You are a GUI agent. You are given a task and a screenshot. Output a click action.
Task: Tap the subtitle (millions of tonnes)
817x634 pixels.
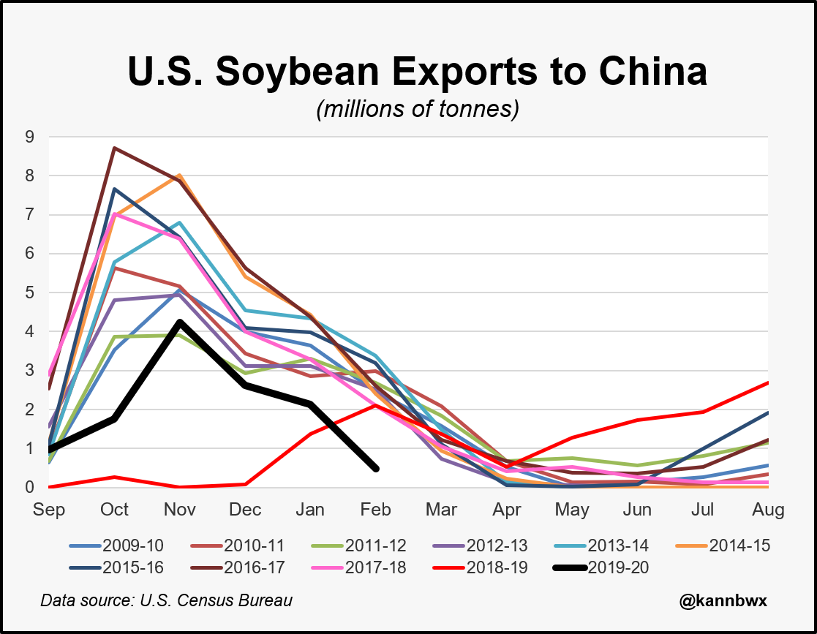[x=417, y=110]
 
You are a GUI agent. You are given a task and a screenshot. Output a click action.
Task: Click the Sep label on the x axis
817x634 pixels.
[x=49, y=509]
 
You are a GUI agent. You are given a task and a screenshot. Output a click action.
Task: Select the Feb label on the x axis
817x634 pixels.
[x=377, y=509]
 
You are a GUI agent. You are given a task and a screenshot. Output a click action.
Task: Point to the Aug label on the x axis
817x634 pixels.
[x=769, y=509]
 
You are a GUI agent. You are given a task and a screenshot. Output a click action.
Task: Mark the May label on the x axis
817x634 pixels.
[x=573, y=509]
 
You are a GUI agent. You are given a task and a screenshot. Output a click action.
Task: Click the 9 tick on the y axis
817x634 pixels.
[x=30, y=137]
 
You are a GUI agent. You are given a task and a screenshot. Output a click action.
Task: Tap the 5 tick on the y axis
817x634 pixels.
[x=30, y=293]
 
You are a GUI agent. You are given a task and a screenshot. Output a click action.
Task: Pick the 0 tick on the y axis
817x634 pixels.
[x=30, y=487]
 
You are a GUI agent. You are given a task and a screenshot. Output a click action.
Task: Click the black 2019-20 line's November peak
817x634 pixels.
[x=180, y=322]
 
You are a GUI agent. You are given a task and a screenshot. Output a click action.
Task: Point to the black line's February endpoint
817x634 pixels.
[x=376, y=469]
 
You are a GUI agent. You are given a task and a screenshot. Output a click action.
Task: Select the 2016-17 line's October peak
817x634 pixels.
[x=114, y=148]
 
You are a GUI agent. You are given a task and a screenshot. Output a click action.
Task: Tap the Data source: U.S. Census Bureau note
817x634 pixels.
[x=166, y=600]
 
